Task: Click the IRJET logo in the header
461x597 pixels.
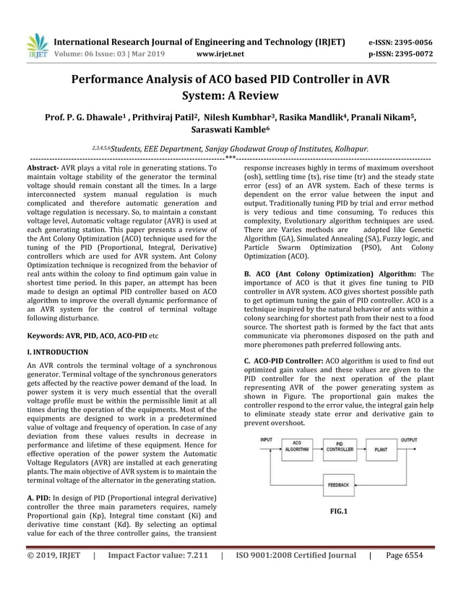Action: [x=36, y=46]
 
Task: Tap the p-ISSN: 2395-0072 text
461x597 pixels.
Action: [x=400, y=53]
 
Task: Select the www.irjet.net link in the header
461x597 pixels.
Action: [x=220, y=53]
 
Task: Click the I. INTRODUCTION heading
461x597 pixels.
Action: [x=57, y=352]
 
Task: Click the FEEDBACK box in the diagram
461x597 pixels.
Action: [x=337, y=484]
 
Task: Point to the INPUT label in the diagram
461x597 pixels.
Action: [x=266, y=439]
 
